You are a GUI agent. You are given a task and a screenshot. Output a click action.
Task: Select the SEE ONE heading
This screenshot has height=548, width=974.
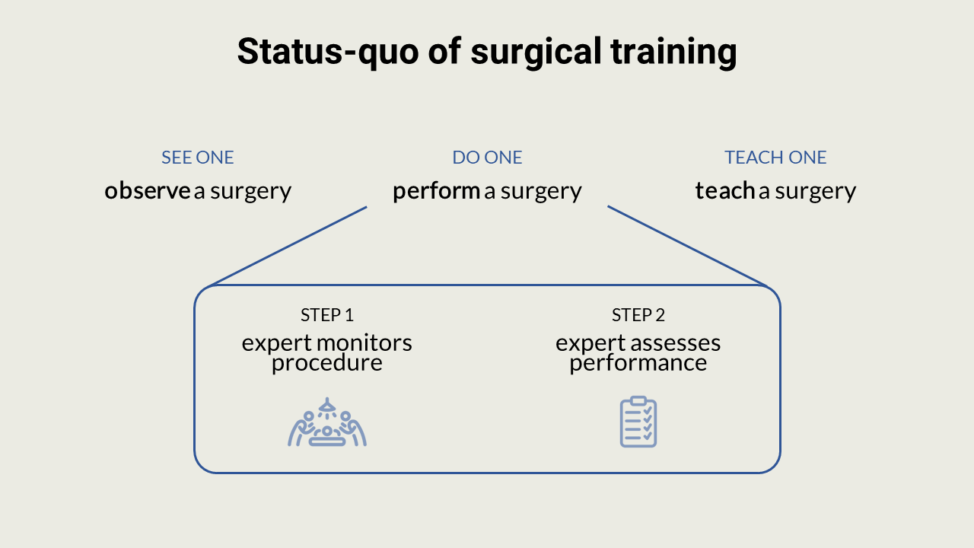click(x=197, y=158)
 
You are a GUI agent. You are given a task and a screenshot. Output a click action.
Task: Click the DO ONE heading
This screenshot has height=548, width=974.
click(x=487, y=158)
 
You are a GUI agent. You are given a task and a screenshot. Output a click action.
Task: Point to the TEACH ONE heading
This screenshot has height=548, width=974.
click(x=775, y=158)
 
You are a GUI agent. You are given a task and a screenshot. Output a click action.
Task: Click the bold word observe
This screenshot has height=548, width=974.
click(x=147, y=190)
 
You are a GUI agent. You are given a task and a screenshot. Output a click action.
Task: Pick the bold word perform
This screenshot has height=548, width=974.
click(x=436, y=190)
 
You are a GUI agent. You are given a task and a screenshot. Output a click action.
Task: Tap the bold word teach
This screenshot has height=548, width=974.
click(x=724, y=190)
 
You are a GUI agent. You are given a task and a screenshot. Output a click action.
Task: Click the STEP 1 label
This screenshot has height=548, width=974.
click(x=327, y=315)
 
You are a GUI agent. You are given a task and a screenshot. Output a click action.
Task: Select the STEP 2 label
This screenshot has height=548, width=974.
click(x=638, y=315)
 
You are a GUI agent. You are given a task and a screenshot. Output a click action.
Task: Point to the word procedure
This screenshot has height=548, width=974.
click(x=327, y=363)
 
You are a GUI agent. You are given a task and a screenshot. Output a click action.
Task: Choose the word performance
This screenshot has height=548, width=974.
click(x=638, y=363)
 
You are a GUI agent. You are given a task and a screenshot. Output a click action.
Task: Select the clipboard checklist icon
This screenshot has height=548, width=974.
click(x=638, y=422)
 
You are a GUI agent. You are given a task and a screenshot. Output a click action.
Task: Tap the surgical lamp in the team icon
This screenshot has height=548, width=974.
click(x=327, y=406)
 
